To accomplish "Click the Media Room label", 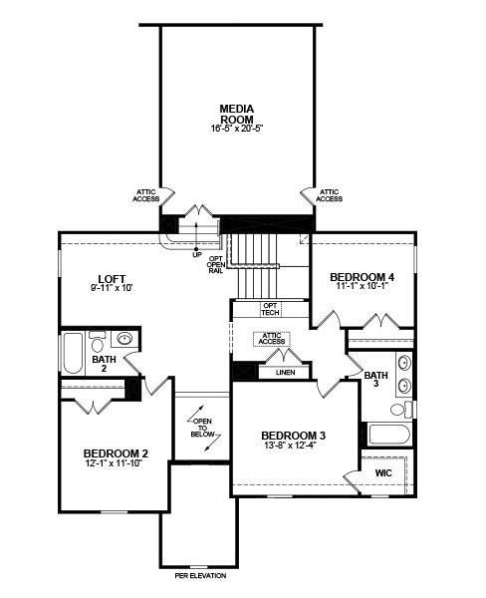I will coord(238,113).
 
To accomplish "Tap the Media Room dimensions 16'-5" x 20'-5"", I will coord(238,129).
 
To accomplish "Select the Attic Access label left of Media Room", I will coord(146,195).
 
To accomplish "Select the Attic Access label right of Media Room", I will coord(329,195).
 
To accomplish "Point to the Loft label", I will coord(111,278).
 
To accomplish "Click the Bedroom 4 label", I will coord(363,276).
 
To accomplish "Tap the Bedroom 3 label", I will coord(294,435).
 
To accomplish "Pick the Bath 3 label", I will coord(374,380).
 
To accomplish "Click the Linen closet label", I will coord(284,373).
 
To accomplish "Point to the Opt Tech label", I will coord(270,310).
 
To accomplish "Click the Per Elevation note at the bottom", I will coord(200,576).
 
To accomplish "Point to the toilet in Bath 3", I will coord(397,409).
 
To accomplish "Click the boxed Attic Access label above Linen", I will coord(271,339).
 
